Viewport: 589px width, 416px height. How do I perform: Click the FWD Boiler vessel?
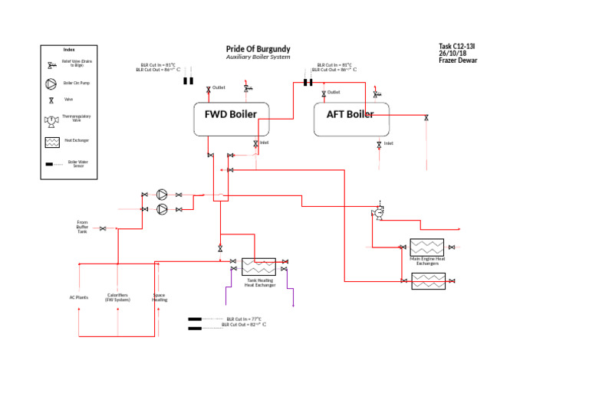pyautogui.click(x=230, y=115)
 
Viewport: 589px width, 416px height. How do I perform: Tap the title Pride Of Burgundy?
pyautogui.click(x=258, y=49)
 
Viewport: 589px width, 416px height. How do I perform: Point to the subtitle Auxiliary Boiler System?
pyautogui.click(x=258, y=57)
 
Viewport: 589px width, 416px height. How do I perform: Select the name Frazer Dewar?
pyautogui.click(x=457, y=61)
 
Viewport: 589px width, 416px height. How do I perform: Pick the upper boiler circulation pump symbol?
pyautogui.click(x=162, y=195)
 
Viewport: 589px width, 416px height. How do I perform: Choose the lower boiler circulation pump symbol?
pyautogui.click(x=162, y=208)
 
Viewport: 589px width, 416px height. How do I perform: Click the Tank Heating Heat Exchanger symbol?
pyautogui.click(x=259, y=267)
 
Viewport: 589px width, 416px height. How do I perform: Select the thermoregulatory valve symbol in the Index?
pyautogui.click(x=51, y=120)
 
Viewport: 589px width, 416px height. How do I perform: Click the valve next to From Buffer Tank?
pyautogui.click(x=103, y=228)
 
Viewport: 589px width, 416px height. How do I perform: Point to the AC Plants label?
pyautogui.click(x=79, y=297)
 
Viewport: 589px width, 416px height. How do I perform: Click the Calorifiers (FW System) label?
pyautogui.click(x=117, y=297)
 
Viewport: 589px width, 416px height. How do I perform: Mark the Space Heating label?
pyautogui.click(x=159, y=297)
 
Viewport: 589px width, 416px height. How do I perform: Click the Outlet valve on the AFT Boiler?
pyautogui.click(x=324, y=93)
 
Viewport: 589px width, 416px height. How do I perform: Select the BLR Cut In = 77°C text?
pyautogui.click(x=244, y=318)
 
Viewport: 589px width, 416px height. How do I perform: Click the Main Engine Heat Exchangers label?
pyautogui.click(x=428, y=261)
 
